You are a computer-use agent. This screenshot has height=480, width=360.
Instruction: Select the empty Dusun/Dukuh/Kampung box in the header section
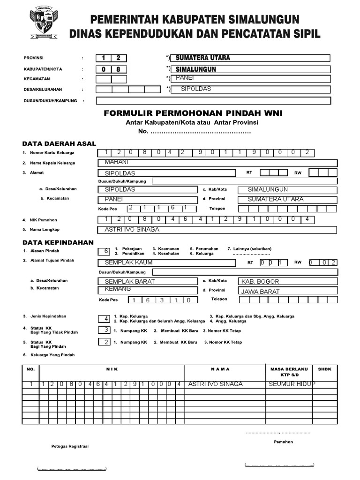213,101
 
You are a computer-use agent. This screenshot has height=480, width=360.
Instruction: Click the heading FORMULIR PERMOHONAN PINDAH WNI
193,113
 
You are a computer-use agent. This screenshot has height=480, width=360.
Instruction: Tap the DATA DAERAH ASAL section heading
59,143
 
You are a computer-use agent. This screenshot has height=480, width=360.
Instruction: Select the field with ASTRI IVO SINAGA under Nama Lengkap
217,230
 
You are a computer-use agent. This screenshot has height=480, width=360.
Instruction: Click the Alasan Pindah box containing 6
106,251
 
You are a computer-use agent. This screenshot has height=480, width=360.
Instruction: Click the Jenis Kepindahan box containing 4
106,319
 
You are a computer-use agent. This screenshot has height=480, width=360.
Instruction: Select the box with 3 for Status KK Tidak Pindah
106,330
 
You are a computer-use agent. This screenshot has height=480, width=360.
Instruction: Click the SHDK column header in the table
324,369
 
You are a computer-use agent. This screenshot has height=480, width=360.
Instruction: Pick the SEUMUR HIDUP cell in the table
291,384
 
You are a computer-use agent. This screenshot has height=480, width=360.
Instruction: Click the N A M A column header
220,369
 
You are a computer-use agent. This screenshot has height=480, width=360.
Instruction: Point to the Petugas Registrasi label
70,446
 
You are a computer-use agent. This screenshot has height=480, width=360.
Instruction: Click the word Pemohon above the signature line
284,442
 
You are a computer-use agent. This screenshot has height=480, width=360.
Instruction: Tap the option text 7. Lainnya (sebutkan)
249,248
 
